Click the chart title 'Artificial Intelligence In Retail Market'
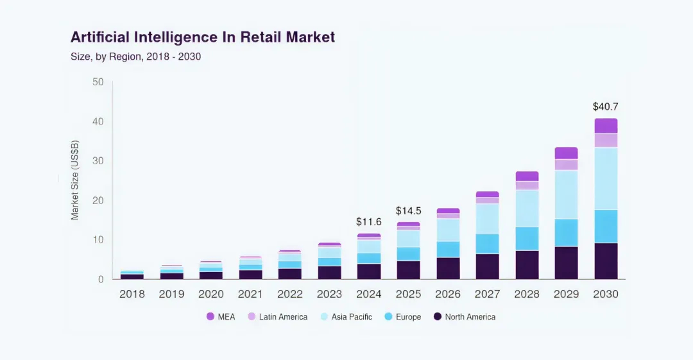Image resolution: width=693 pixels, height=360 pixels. tap(202, 37)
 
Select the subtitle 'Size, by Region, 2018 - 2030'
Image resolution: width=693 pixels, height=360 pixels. tap(135, 56)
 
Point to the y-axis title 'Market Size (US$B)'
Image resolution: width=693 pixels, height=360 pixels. tap(75, 180)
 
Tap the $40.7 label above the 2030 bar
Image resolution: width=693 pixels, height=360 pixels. tap(605, 107)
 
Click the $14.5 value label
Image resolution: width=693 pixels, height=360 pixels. tap(408, 210)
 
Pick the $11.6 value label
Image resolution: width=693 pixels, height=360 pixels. tap(368, 221)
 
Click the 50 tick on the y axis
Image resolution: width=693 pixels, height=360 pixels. tap(98, 82)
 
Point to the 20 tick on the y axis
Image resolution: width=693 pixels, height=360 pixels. tap(98, 200)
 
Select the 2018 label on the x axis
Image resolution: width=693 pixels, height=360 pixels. tap(132, 294)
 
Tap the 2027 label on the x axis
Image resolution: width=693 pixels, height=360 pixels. tap(487, 294)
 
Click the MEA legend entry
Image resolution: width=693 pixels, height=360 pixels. tap(221, 316)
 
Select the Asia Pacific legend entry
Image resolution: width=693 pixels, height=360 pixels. tap(346, 316)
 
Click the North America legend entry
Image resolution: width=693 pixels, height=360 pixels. tap(464, 316)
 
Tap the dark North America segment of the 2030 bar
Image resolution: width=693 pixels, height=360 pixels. tap(606, 261)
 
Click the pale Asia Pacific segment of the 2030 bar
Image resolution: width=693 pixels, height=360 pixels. tap(606, 178)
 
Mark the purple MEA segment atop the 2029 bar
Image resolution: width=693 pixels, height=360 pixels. tap(566, 153)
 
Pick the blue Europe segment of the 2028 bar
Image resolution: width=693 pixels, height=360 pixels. tap(527, 238)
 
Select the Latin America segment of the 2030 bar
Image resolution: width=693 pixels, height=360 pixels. tap(606, 140)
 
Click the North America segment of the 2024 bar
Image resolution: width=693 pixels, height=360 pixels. tap(369, 271)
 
